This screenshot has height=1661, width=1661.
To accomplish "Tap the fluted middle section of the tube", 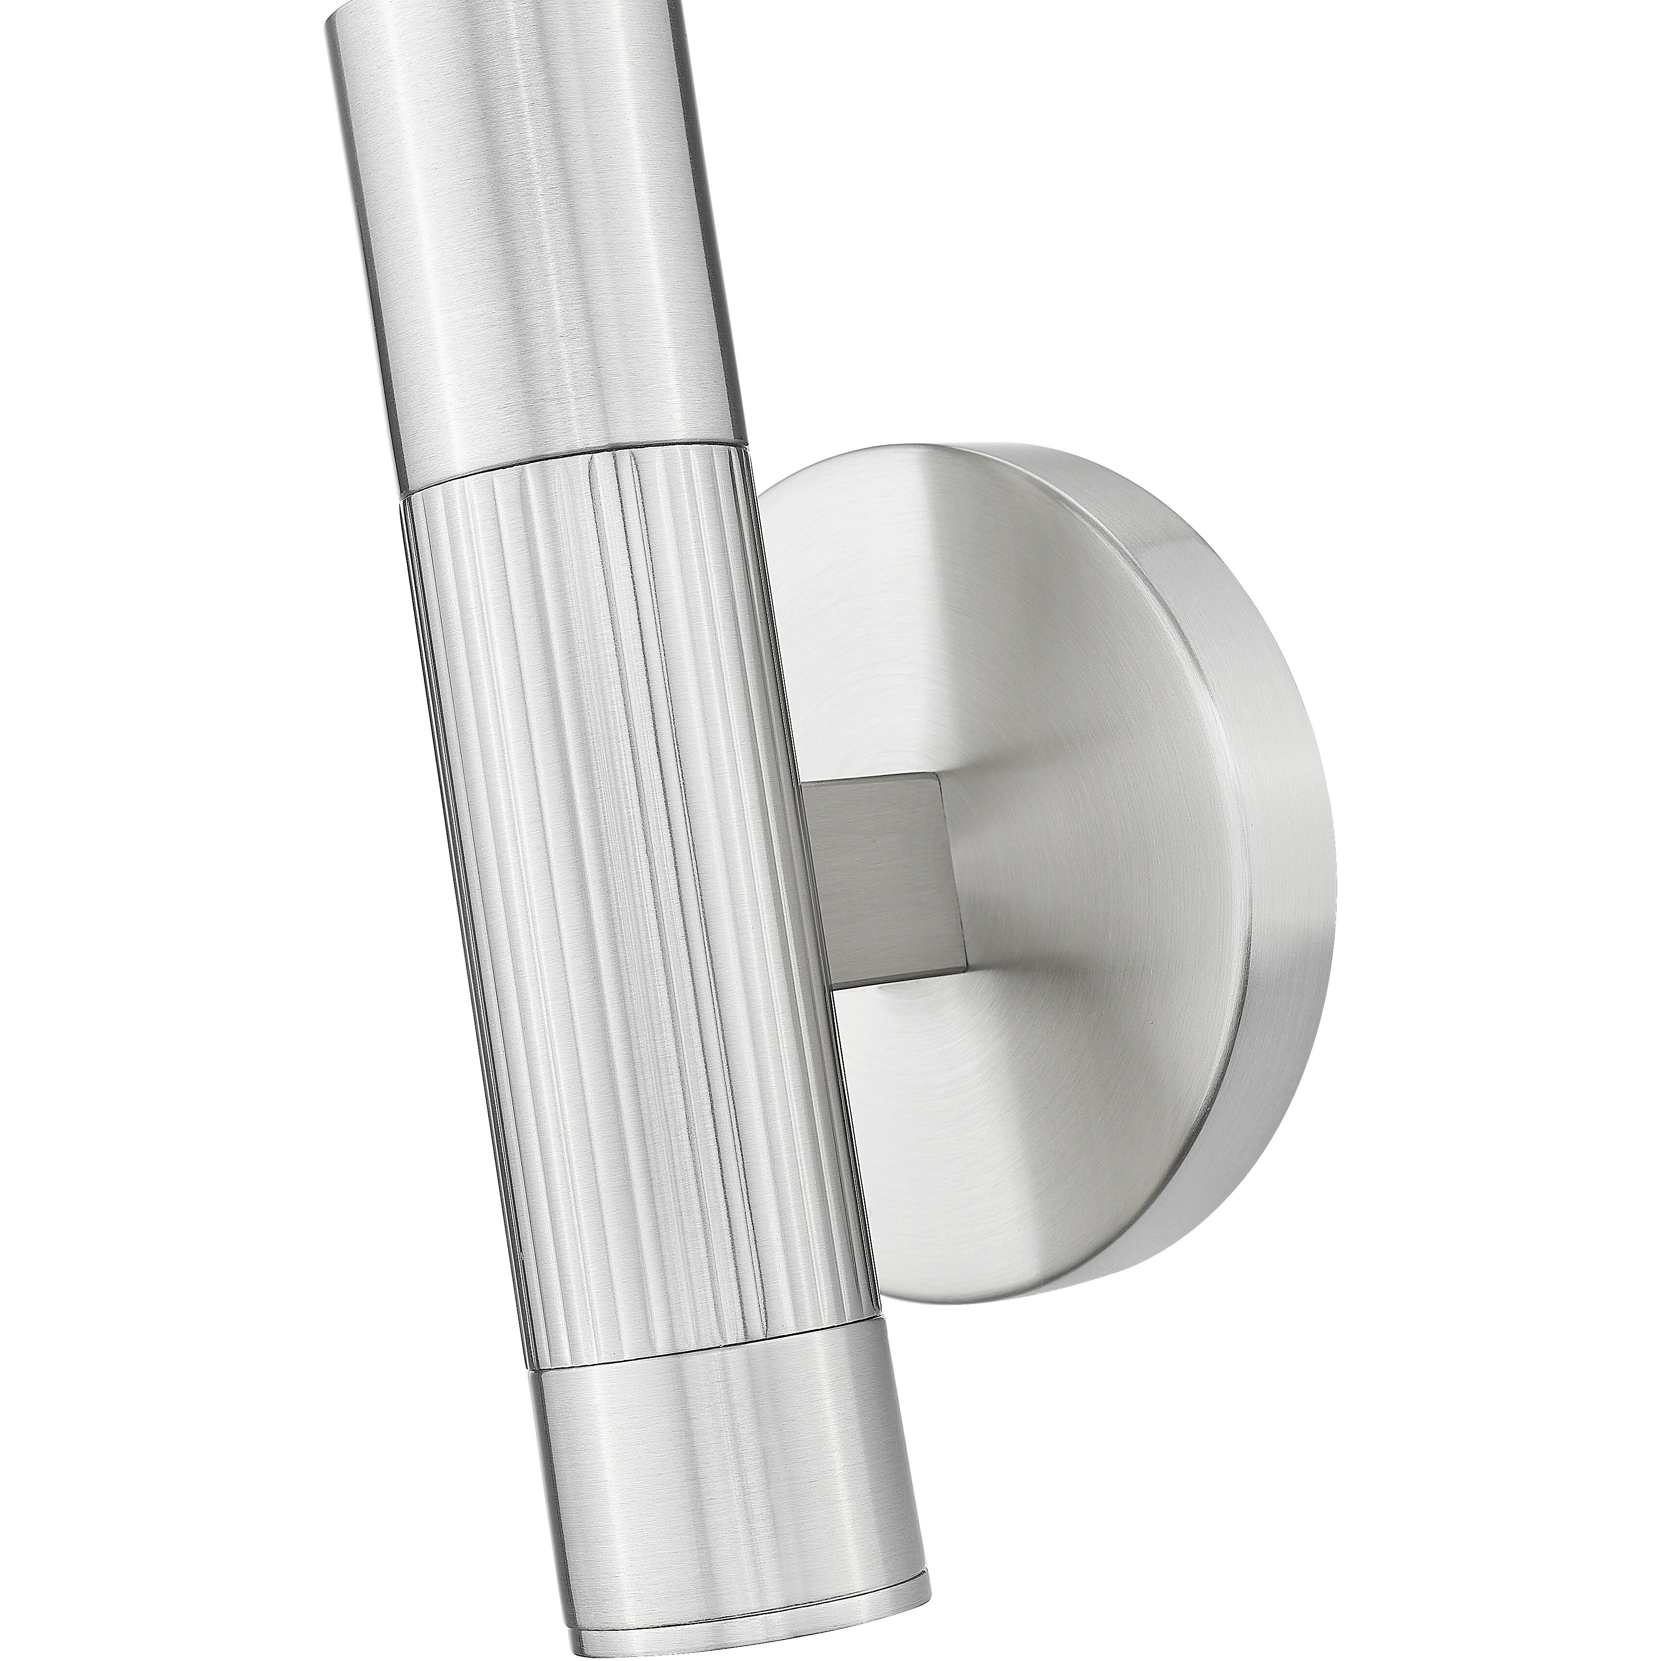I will pos(636,860).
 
